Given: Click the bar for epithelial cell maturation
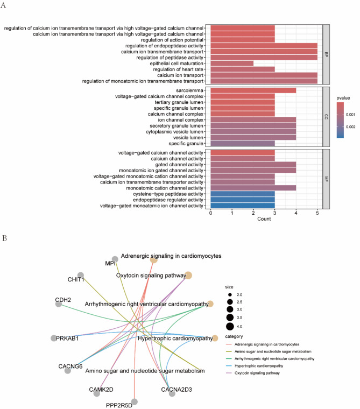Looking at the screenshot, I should click(232, 62).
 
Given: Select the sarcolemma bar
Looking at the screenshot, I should click(253, 90).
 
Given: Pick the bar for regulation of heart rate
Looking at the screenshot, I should click(243, 69).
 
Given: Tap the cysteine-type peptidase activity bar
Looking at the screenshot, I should click(243, 192).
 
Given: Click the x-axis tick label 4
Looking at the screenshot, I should click(296, 213).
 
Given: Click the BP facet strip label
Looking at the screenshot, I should click(326, 54).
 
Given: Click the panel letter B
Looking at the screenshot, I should click(4, 237).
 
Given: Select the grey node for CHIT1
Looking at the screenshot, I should click(81, 275).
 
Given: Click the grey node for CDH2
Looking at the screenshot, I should click(58, 305).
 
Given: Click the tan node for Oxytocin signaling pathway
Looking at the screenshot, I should click(189, 276).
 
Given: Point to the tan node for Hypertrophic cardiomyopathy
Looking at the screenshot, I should click(215, 339).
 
